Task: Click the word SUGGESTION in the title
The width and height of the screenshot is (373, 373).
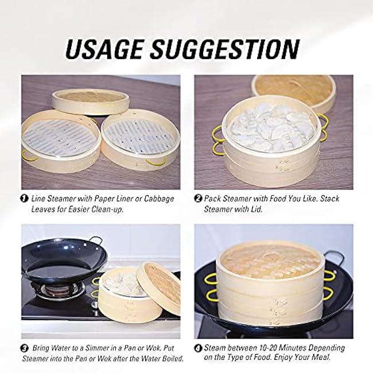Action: [225, 49]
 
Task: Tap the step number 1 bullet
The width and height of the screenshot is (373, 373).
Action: [24, 199]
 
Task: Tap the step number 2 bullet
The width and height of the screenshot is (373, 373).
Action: [198, 199]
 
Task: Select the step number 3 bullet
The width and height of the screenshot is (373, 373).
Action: [24, 348]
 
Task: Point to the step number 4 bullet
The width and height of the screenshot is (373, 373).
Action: [198, 348]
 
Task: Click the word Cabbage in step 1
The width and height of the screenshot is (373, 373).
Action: [159, 199]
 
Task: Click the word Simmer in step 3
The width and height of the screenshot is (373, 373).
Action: [96, 348]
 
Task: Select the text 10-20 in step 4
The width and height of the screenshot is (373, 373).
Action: [267, 348]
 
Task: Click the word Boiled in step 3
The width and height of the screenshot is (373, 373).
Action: [173, 359]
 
